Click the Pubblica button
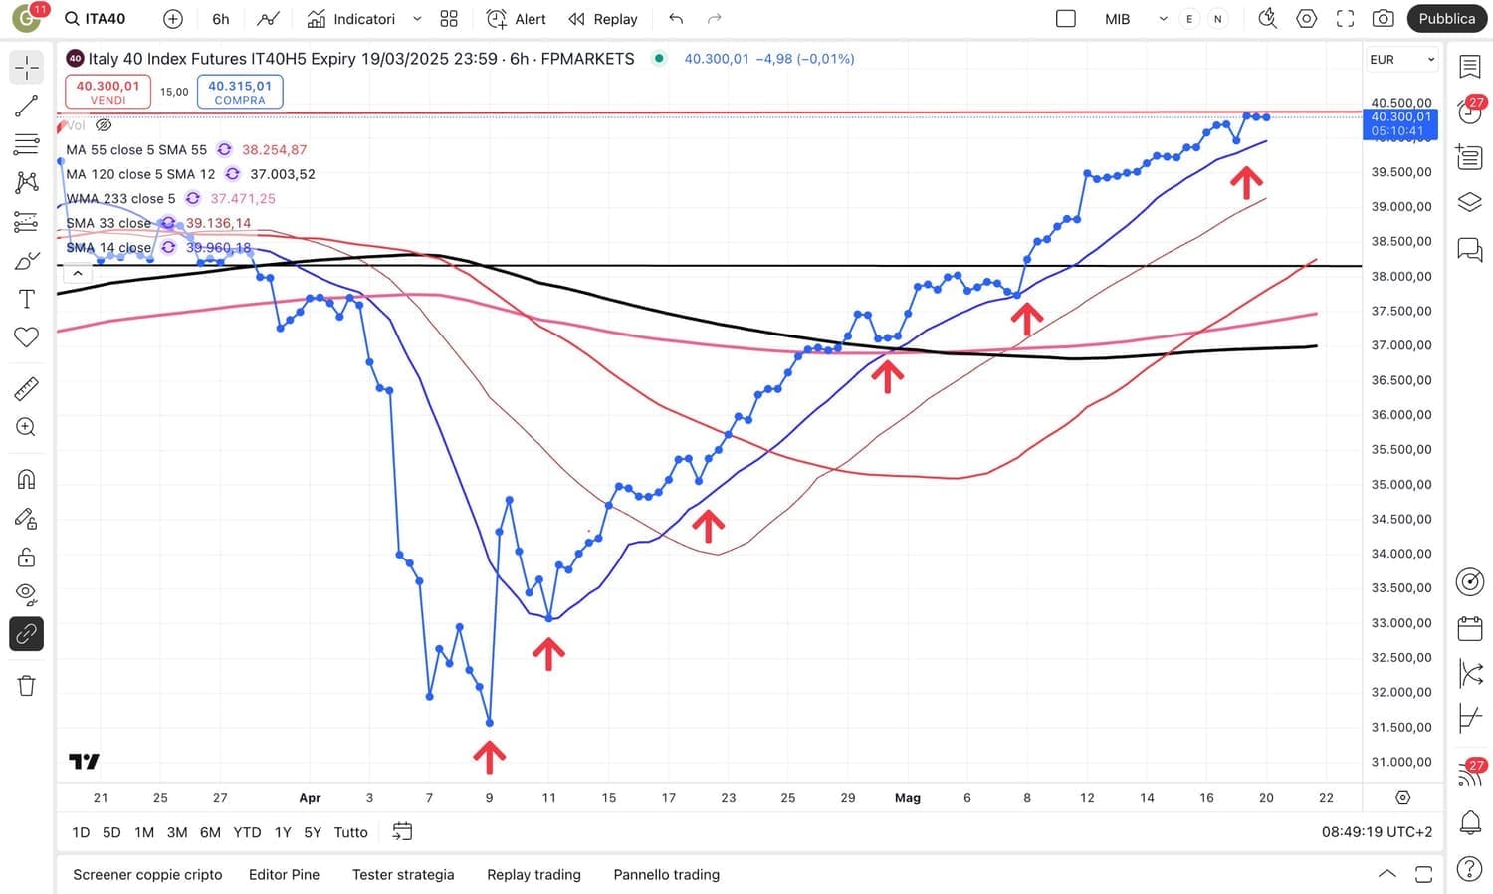point(1446,19)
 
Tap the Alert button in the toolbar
point(517,19)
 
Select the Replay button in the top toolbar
point(603,19)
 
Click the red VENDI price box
point(107,92)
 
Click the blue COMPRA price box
point(240,92)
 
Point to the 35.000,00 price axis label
point(1400,485)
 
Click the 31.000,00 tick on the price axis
point(1400,763)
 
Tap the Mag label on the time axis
point(908,798)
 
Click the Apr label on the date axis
point(310,798)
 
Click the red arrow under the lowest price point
point(489,757)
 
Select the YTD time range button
point(247,832)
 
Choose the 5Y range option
point(313,832)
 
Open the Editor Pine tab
point(284,875)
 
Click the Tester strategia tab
point(403,875)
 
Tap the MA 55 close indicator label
point(136,150)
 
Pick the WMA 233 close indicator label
point(120,199)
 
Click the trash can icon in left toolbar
point(27,686)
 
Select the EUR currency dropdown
point(1401,60)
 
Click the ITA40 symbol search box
point(97,19)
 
